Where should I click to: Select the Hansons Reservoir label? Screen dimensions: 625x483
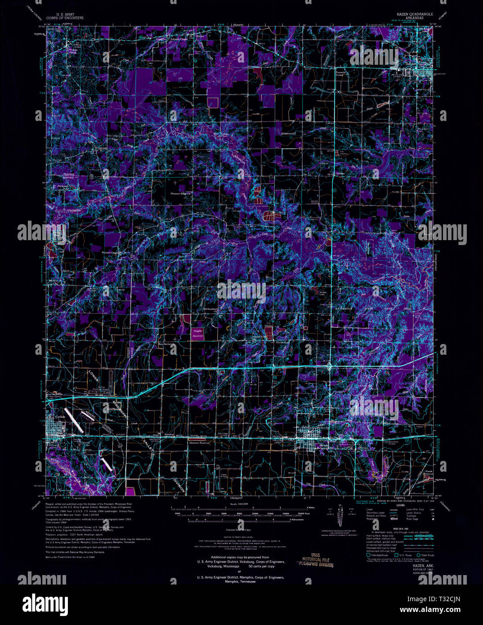(x=199, y=442)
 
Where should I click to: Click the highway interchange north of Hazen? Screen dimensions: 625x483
(x=330, y=366)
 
